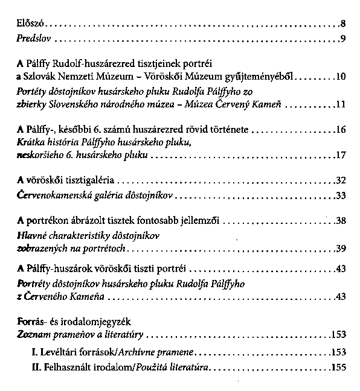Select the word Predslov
click(x=32, y=40)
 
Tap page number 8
click(x=342, y=25)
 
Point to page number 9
click(x=342, y=40)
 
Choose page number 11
click(x=340, y=104)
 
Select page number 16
click(x=339, y=130)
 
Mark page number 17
click(x=339, y=156)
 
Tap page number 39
click(x=339, y=248)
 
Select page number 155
click(x=337, y=366)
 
